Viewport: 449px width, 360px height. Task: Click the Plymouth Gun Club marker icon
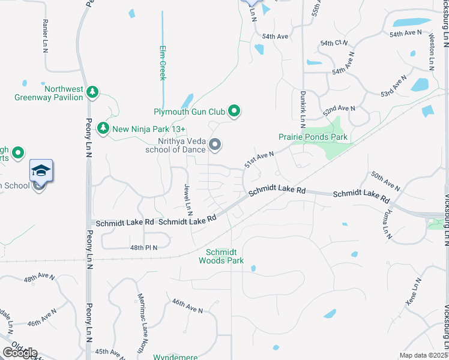235,111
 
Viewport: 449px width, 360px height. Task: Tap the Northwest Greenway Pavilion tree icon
92,92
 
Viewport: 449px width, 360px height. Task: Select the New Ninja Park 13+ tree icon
103,128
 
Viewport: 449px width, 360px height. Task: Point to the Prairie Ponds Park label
313,137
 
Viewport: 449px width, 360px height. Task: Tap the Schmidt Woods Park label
224,256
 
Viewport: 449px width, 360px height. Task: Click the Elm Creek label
162,62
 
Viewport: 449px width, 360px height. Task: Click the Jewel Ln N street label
188,199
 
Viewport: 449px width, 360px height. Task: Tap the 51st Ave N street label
259,160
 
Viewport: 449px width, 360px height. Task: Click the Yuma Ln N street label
386,224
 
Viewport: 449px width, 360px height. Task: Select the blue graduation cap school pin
41,171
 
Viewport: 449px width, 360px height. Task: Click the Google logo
20,353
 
